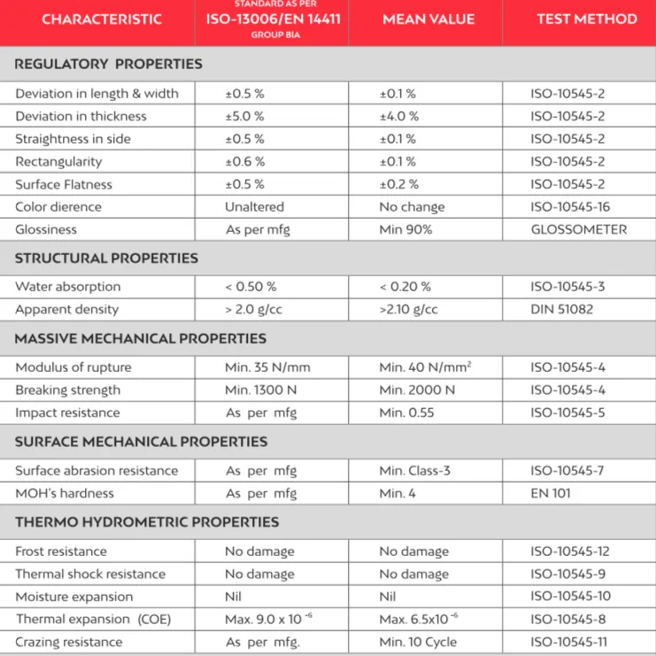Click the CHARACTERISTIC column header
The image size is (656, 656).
(x=101, y=19)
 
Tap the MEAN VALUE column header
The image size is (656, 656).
(x=428, y=19)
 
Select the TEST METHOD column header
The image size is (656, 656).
(x=586, y=19)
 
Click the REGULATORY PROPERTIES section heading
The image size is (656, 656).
(x=109, y=64)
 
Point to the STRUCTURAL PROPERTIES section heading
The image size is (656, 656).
(x=107, y=258)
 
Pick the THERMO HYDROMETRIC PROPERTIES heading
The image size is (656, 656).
(x=147, y=521)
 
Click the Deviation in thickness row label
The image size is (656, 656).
(x=81, y=116)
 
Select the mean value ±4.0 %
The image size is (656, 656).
(x=398, y=116)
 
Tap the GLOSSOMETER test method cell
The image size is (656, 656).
(x=578, y=229)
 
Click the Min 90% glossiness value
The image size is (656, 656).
(x=405, y=229)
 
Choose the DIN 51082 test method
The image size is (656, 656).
(x=561, y=309)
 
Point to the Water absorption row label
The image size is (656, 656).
(x=68, y=287)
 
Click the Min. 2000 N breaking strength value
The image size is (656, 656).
(x=417, y=390)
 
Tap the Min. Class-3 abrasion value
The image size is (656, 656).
(x=414, y=470)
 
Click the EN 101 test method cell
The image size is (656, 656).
(x=552, y=493)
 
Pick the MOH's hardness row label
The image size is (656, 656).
(x=65, y=493)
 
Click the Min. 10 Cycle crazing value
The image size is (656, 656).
(x=419, y=642)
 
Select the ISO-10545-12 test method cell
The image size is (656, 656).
(x=570, y=551)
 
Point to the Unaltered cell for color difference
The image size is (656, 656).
(x=254, y=206)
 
